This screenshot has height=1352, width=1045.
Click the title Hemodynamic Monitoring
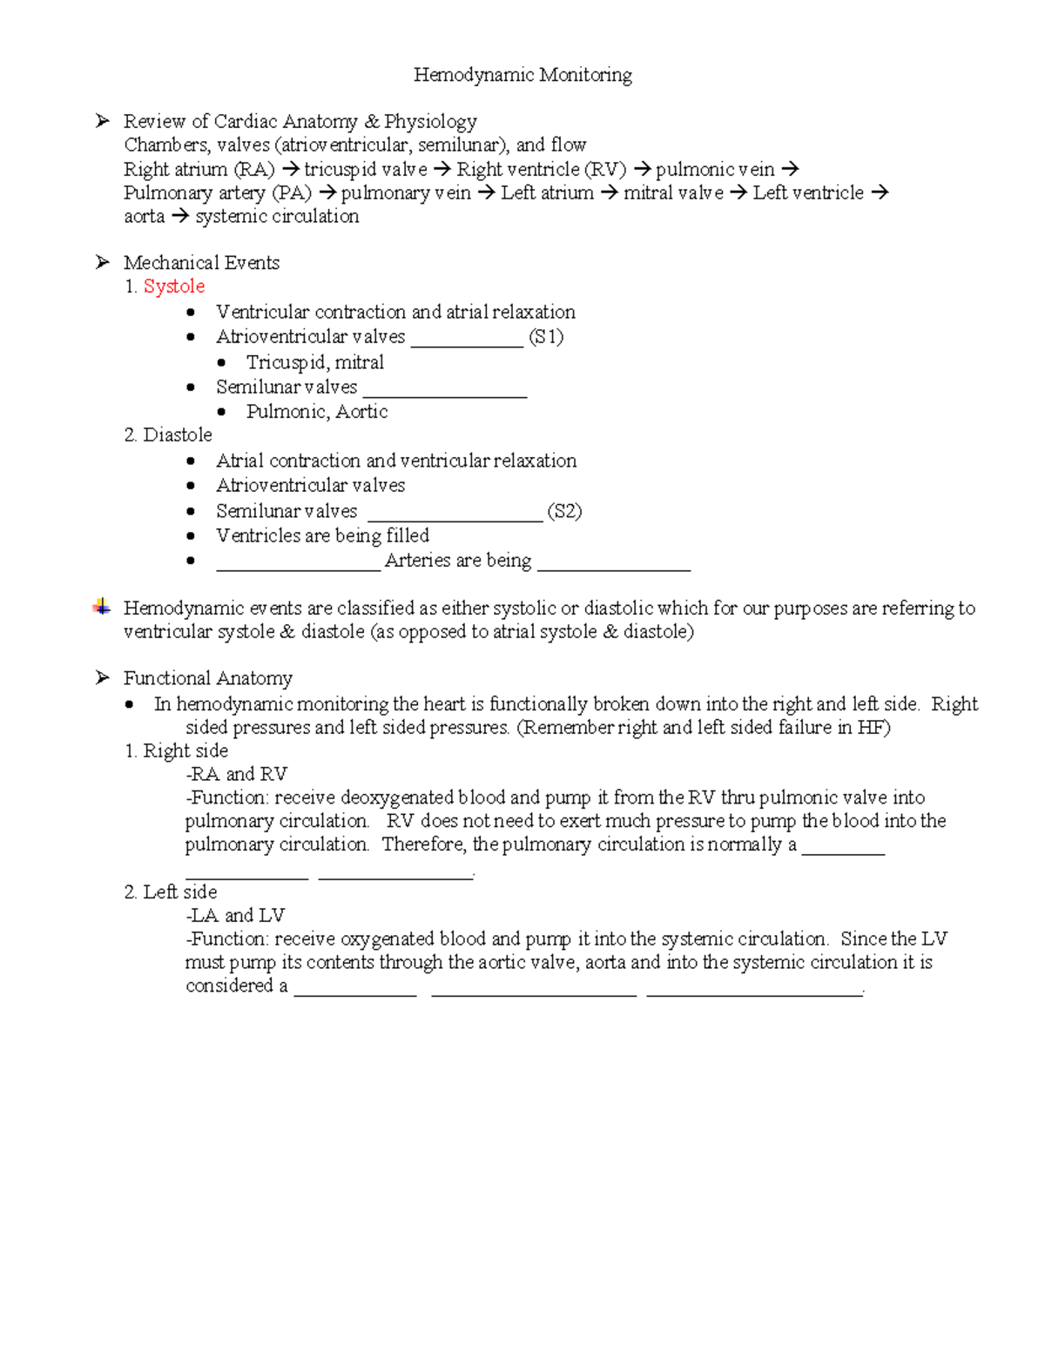click(522, 75)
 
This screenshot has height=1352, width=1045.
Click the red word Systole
click(174, 286)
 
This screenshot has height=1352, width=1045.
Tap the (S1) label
click(546, 337)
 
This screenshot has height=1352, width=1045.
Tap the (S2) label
click(564, 511)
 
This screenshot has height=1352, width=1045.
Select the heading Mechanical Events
click(201, 263)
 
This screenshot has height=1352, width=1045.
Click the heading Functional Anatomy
click(207, 678)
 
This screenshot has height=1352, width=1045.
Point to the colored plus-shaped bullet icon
click(102, 608)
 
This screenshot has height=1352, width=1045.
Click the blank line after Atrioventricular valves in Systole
click(467, 345)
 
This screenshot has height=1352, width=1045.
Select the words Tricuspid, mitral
click(314, 362)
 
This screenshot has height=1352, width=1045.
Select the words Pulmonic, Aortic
click(316, 412)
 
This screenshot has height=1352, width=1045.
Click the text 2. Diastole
click(168, 435)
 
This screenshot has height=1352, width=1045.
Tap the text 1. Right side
click(176, 750)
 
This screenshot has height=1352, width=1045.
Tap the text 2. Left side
click(171, 891)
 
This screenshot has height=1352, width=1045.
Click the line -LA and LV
click(235, 915)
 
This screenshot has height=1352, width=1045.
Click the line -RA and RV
click(236, 774)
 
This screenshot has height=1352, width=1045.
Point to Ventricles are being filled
click(322, 535)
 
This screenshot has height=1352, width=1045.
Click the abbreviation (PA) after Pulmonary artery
click(292, 193)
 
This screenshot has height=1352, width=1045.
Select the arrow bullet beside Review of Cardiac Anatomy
click(102, 121)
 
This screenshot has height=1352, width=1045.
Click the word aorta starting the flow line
click(144, 217)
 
